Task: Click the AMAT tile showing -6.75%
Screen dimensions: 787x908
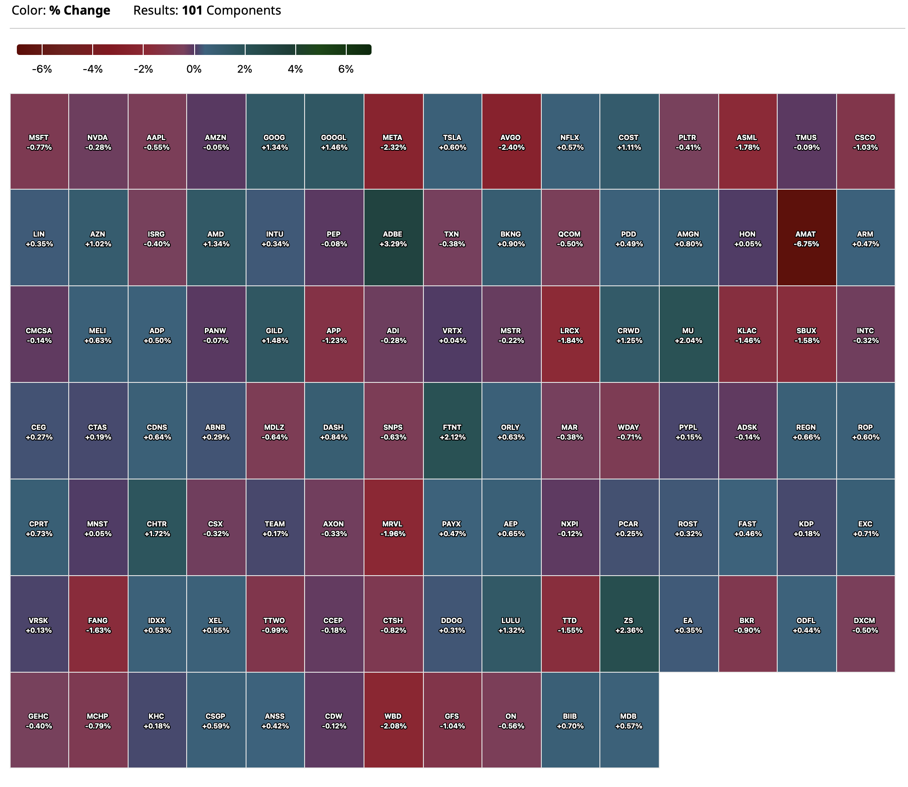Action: click(806, 238)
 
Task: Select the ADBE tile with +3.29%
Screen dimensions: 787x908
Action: click(393, 238)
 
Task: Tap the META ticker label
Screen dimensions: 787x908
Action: click(392, 137)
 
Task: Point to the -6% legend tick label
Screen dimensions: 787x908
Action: click(42, 69)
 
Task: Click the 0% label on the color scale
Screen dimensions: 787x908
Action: click(194, 69)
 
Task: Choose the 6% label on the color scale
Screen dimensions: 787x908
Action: click(345, 69)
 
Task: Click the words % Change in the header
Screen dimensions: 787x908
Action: click(80, 10)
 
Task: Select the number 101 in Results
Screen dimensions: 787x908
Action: click(192, 10)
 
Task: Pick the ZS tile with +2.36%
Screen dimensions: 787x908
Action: click(629, 624)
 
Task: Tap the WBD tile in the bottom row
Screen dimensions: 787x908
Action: click(393, 720)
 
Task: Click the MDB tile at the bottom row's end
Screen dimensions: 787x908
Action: click(629, 720)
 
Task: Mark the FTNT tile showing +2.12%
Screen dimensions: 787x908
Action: click(452, 431)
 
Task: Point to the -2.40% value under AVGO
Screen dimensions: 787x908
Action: click(511, 147)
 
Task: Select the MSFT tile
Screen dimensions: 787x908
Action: click(39, 141)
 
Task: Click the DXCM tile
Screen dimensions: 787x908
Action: click(865, 624)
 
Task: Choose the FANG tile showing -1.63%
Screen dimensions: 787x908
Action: click(98, 624)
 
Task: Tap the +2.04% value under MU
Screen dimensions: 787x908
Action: click(688, 340)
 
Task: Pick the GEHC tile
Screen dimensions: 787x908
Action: click(39, 720)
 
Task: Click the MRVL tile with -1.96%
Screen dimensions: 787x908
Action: click(393, 527)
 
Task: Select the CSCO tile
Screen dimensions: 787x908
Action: click(865, 141)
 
